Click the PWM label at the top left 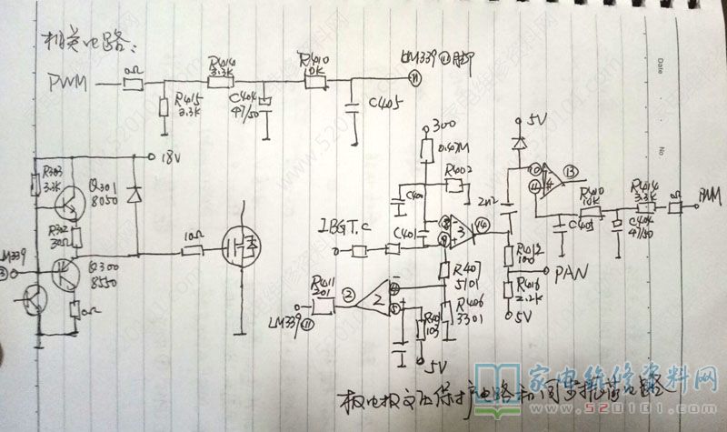pos(65,85)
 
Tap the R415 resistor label pos(187,101)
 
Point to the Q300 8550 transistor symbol pos(66,274)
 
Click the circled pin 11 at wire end pos(414,78)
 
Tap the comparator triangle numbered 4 pos(549,184)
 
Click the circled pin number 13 pos(570,172)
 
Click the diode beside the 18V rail pos(136,194)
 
